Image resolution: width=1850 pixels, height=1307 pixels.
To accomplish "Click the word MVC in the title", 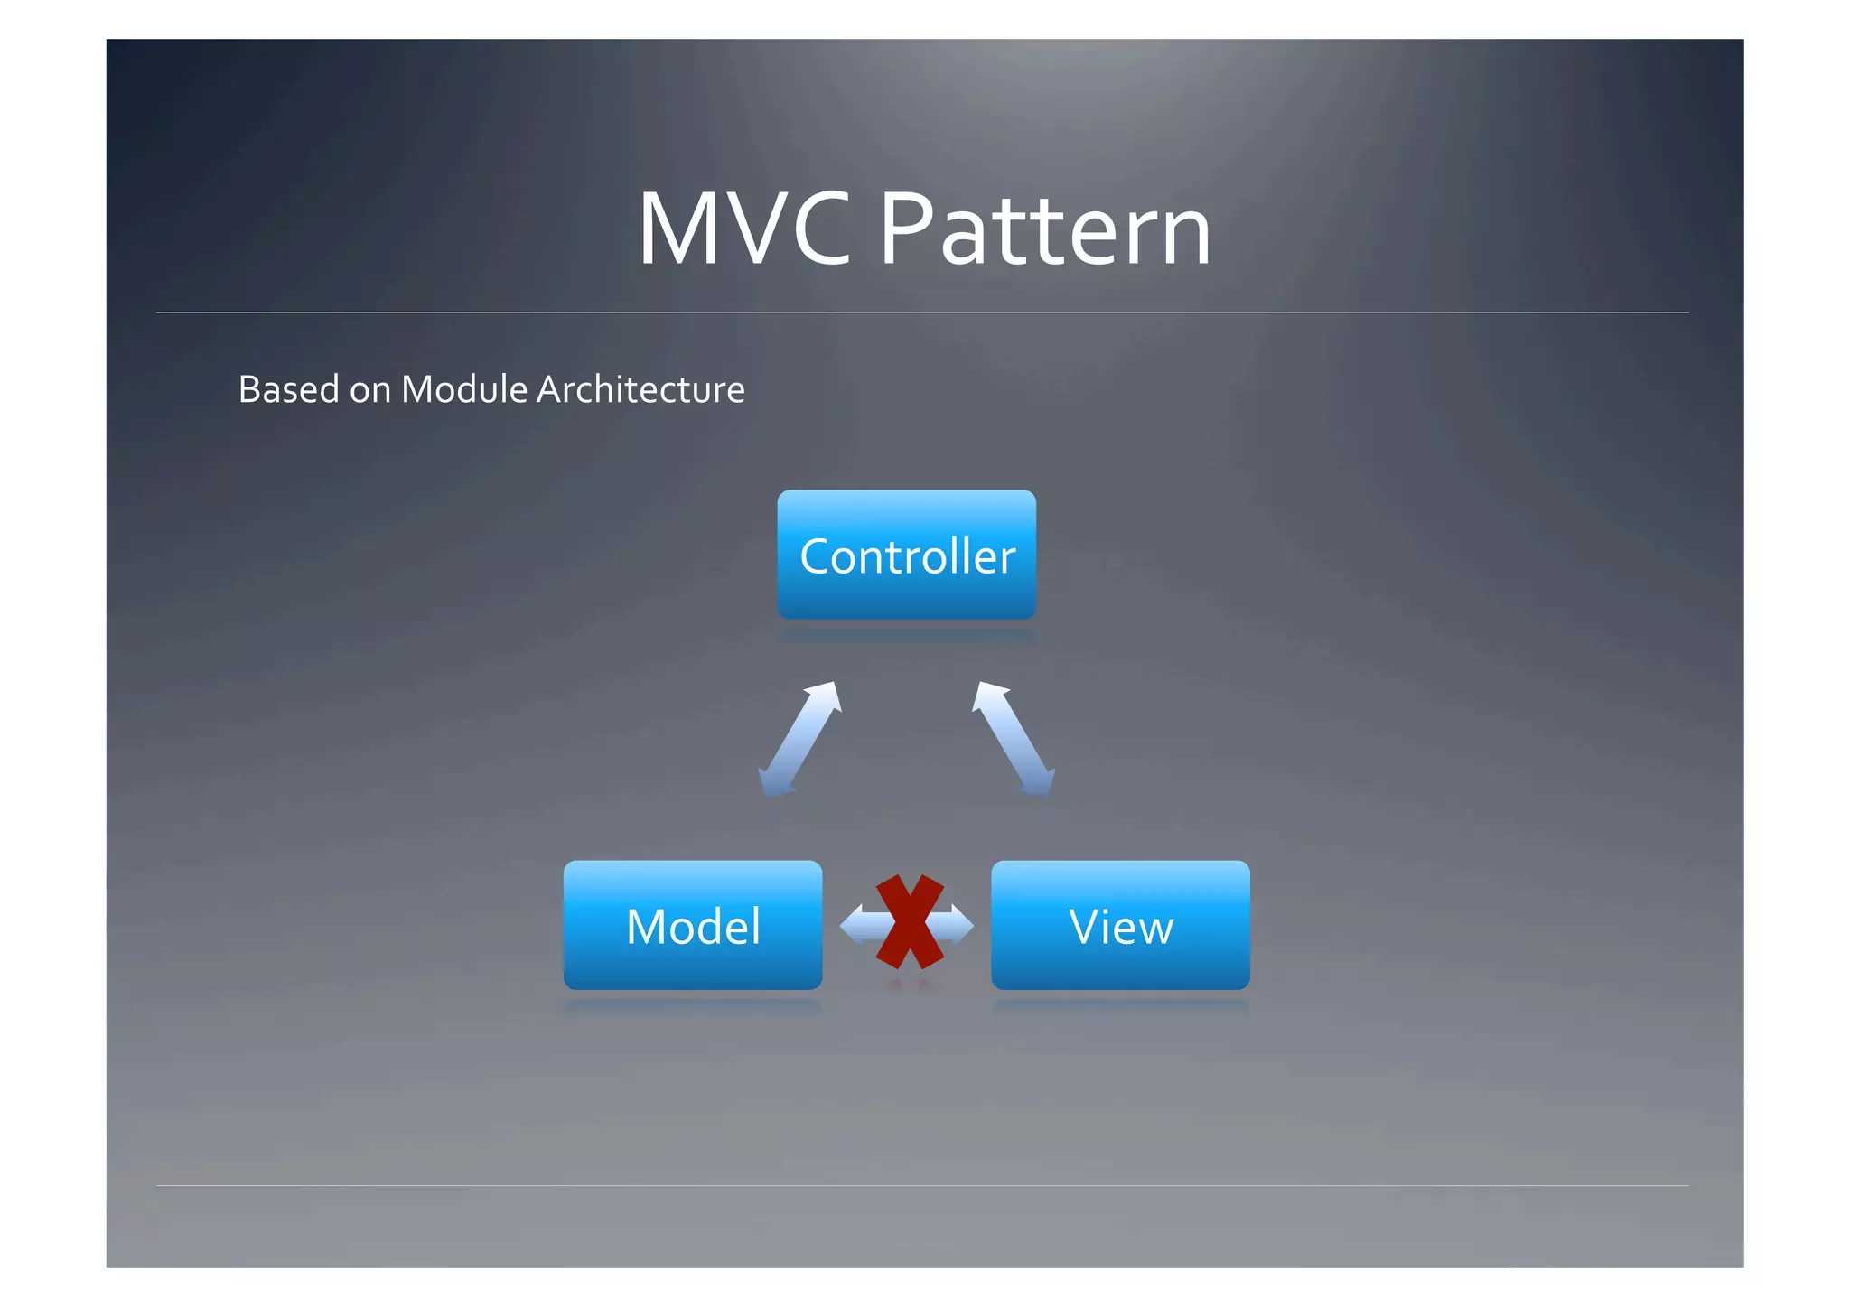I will [x=744, y=230].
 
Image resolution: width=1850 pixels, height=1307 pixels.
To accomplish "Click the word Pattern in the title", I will [x=1044, y=230].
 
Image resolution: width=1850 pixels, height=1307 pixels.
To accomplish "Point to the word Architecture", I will [x=640, y=389].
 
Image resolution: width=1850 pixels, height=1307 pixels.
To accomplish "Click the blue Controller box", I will [x=906, y=555].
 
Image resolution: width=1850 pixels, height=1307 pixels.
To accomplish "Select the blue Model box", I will [x=693, y=925].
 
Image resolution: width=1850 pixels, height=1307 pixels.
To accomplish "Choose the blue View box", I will [x=1120, y=925].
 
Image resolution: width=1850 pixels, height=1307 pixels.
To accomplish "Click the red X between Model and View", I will [x=909, y=922].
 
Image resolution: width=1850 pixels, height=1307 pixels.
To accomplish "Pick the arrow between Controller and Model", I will [x=800, y=739].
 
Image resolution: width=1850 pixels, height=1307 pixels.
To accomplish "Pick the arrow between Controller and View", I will [x=1014, y=739].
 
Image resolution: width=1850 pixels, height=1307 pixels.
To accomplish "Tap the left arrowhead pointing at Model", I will [x=852, y=924].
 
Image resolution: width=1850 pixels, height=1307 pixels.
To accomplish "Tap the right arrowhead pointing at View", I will [x=963, y=924].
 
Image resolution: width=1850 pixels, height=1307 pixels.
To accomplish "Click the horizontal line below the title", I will [x=921, y=313].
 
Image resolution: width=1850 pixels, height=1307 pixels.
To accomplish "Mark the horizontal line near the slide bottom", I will [x=921, y=1185].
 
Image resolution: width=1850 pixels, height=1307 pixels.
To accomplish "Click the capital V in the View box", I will [x=1084, y=927].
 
